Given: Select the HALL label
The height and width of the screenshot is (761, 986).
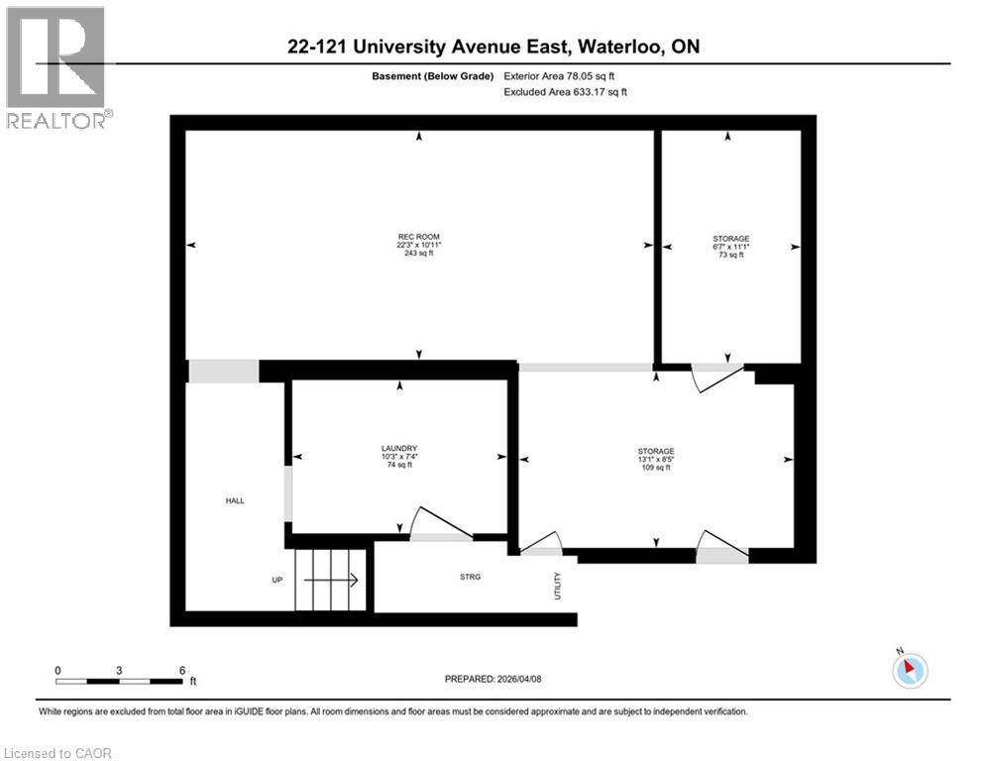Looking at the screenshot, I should pos(234,501).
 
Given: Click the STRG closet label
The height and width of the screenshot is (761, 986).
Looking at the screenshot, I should pos(471,577).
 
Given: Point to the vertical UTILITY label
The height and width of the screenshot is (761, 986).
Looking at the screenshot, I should pos(558,586).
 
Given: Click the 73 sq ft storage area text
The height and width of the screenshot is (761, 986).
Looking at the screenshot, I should pos(730,256).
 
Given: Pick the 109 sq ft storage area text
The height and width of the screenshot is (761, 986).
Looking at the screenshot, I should pos(655,468).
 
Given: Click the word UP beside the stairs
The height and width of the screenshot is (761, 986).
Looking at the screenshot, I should pos(278,581).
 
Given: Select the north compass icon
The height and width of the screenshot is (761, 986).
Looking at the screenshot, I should pos(909,670).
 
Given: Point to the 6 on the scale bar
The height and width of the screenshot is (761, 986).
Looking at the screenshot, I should pos(182,670).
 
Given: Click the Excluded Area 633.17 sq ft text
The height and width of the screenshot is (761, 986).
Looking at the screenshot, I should pos(565,92).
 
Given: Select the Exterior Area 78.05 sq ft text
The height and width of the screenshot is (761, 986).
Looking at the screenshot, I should pos(565,75).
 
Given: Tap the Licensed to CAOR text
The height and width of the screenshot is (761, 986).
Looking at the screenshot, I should pos(58,753).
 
